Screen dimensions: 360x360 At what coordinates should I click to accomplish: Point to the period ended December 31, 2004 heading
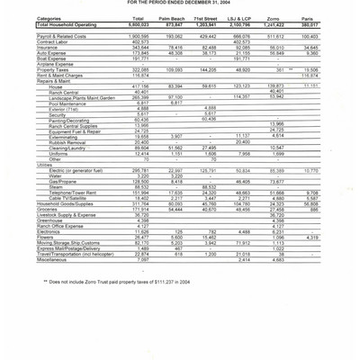click(180, 3)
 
